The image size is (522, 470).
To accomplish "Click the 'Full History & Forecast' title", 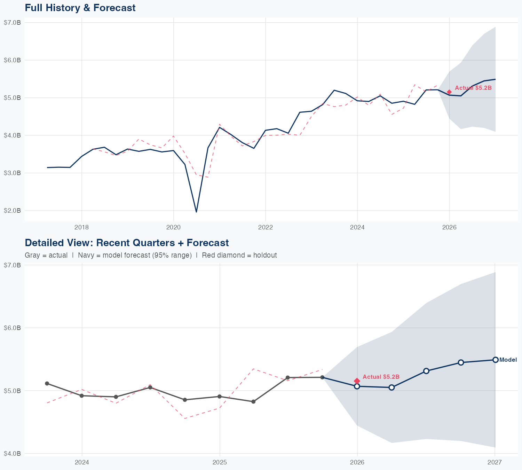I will pyautogui.click(x=80, y=8).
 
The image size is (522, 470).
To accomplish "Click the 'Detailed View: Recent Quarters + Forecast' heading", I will pyautogui.click(x=127, y=243).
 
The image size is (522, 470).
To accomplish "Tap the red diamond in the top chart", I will pyautogui.click(x=449, y=92).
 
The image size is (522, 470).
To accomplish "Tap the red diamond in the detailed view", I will pyautogui.click(x=357, y=381).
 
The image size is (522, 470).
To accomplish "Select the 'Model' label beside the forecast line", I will pyautogui.click(x=508, y=360).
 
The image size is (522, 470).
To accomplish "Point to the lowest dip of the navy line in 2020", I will pyautogui.click(x=196, y=212).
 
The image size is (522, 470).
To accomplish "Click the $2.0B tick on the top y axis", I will pyautogui.click(x=12, y=211).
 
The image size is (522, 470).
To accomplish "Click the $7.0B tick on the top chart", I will pyautogui.click(x=12, y=23).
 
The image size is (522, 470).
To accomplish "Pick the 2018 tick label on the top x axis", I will pyautogui.click(x=81, y=227).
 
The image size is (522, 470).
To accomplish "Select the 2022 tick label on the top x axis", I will pyautogui.click(x=265, y=227).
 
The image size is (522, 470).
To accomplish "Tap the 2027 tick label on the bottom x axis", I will pyautogui.click(x=495, y=462).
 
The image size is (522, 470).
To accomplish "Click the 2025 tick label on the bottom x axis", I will pyautogui.click(x=220, y=462).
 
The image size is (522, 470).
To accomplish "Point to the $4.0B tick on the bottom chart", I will pyautogui.click(x=12, y=454).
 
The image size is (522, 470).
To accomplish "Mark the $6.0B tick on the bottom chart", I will pyautogui.click(x=12, y=328).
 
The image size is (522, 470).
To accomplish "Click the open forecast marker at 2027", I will pyautogui.click(x=495, y=360).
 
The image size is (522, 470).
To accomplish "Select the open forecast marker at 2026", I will pyautogui.click(x=357, y=386).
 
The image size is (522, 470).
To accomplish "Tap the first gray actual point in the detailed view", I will pyautogui.click(x=47, y=383).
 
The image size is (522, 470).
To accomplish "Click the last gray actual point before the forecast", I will pyautogui.click(x=322, y=377).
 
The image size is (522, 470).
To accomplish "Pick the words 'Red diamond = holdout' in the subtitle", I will pyautogui.click(x=239, y=255).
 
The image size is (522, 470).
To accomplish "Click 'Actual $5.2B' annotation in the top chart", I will pyautogui.click(x=473, y=88).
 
